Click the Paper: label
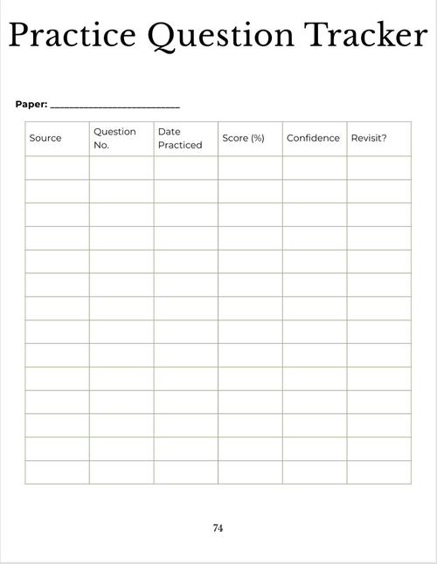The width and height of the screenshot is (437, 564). pyautogui.click(x=31, y=105)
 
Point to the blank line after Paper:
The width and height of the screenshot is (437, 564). pyautogui.click(x=115, y=107)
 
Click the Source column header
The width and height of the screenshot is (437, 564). pyautogui.click(x=45, y=138)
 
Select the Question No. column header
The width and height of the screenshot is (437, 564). pyautogui.click(x=114, y=138)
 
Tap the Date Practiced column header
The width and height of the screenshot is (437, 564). pyautogui.click(x=179, y=138)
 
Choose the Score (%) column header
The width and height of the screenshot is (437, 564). pyautogui.click(x=243, y=138)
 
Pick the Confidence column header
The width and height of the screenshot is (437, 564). pyautogui.click(x=313, y=138)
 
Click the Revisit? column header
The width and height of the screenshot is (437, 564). pyautogui.click(x=369, y=138)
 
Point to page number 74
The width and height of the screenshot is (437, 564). pyautogui.click(x=218, y=528)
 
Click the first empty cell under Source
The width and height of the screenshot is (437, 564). pyautogui.click(x=57, y=168)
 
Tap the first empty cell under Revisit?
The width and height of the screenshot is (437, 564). pyautogui.click(x=378, y=168)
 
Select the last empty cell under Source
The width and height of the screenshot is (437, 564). pyautogui.click(x=57, y=471)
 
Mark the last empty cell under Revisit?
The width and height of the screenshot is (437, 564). pyautogui.click(x=378, y=471)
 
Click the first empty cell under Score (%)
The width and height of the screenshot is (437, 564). pyautogui.click(x=250, y=168)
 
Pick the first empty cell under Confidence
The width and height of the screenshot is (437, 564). pyautogui.click(x=315, y=168)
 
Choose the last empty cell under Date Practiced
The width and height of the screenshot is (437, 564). pyautogui.click(x=185, y=471)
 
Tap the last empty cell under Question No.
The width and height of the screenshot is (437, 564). pyautogui.click(x=121, y=471)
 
